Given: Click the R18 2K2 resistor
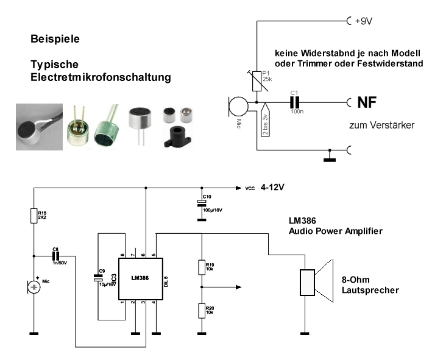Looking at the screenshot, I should coord(34,216).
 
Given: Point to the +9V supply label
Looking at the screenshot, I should coord(363,20).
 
